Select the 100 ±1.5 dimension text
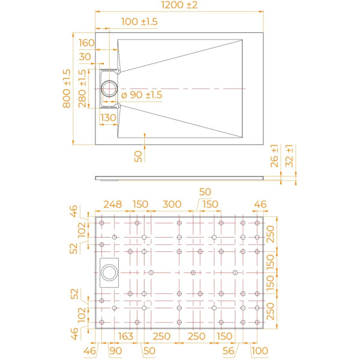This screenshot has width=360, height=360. pos(139,22)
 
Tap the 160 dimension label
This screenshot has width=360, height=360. pos(86,43)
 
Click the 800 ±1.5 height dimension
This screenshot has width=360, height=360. pos(67,88)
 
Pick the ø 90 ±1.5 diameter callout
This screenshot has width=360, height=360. pos(142,95)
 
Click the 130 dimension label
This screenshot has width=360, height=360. pos(108,118)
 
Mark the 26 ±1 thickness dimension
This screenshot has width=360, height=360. pos(274,155)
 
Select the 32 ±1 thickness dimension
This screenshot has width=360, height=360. pos(290,155)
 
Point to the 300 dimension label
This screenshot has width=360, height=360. pos(172,205)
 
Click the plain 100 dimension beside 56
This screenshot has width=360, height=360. pos(259,350)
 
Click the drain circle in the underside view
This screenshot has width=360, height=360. pos(110,272)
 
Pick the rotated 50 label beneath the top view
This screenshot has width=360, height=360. pos(139,156)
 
